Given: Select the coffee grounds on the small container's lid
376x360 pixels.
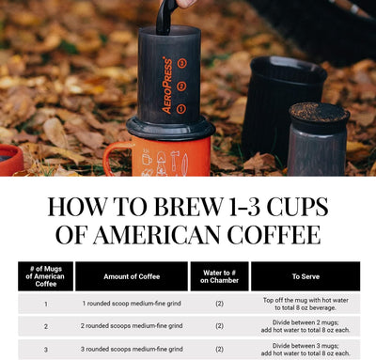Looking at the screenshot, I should click(319, 111).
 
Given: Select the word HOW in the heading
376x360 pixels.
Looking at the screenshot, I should click(78, 207).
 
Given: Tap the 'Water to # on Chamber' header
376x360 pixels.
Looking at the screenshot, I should click(219, 276).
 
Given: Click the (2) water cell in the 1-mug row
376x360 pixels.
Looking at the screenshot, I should click(219, 304).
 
